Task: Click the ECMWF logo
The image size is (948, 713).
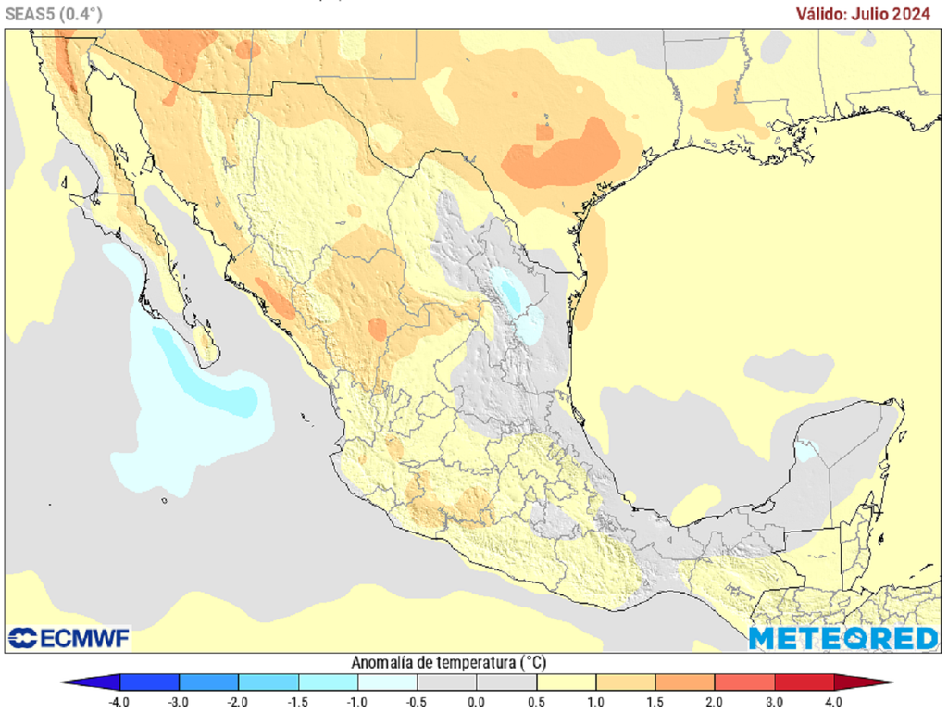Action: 69,638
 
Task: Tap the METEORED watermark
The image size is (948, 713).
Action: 842,638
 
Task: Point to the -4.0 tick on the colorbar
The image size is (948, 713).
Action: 119,701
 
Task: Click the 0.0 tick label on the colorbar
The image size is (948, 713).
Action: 477,701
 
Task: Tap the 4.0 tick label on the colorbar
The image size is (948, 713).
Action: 834,701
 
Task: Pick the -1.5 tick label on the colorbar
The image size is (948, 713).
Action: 298,701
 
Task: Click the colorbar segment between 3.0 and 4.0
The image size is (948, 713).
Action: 804,683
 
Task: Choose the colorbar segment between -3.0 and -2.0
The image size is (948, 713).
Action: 208,683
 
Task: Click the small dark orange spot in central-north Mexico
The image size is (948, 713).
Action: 377,328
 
